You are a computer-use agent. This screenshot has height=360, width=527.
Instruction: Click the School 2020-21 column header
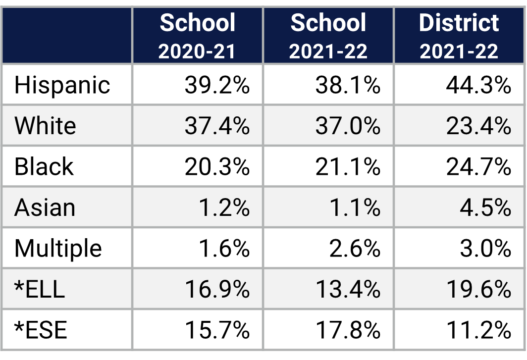point(198,36)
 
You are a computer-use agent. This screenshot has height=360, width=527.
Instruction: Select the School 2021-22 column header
point(328,36)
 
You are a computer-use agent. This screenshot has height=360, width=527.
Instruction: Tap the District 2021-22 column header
point(459,36)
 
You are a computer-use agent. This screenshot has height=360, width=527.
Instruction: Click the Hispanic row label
point(62,85)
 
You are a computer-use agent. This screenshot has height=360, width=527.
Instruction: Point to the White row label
point(45,126)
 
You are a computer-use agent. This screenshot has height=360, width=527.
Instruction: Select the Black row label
point(44,166)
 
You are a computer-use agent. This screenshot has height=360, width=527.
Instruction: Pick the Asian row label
point(45,207)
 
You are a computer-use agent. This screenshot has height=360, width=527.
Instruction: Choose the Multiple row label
point(58,248)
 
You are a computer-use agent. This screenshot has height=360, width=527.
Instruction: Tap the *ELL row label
point(40,289)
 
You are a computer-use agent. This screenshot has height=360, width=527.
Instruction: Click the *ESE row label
point(41,330)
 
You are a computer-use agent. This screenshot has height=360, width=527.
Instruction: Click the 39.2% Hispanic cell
point(217,85)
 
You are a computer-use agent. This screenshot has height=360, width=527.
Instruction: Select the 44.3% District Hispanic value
point(478,85)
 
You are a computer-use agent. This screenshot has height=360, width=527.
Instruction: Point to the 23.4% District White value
point(478,126)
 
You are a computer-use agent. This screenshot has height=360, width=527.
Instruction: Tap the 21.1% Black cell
point(348,166)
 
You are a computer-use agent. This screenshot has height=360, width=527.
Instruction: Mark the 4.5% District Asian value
point(485,207)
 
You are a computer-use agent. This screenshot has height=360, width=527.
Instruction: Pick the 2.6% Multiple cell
point(355,248)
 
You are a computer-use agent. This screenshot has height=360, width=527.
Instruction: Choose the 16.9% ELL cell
point(217,289)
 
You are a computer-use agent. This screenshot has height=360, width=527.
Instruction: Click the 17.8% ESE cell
point(348,330)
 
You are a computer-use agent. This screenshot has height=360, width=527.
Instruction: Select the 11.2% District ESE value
point(478,330)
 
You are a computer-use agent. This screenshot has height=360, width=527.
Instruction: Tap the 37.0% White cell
point(348,126)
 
